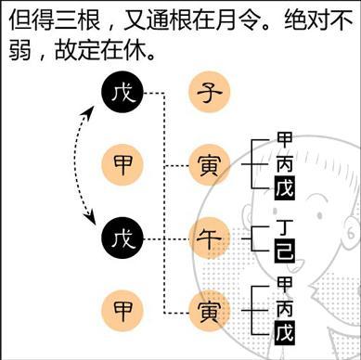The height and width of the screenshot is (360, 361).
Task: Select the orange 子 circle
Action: (x=207, y=93)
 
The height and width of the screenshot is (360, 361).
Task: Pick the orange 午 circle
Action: (x=207, y=236)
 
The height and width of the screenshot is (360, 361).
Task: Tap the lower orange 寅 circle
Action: (x=207, y=308)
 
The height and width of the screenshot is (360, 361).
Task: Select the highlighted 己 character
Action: (x=285, y=248)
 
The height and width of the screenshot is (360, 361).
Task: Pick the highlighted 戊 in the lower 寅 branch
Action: (x=285, y=331)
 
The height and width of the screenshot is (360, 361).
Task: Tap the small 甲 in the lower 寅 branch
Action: (x=285, y=284)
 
